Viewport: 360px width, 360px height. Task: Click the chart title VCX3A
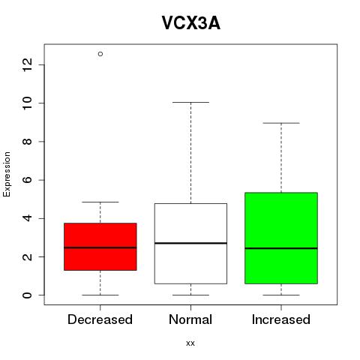tap(191, 23)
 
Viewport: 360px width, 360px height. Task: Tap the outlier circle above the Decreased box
tap(100, 54)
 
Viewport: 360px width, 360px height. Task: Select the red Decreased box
tap(100, 247)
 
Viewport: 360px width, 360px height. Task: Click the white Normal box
tap(190, 244)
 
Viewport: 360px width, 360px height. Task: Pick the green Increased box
tap(281, 238)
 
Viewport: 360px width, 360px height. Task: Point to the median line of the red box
tap(100, 247)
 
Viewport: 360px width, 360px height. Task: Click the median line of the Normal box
tap(190, 243)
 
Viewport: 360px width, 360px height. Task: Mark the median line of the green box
tap(281, 248)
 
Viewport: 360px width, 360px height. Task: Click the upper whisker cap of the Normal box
tap(190, 102)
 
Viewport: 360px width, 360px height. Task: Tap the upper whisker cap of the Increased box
tap(281, 123)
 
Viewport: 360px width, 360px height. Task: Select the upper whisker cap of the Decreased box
tap(100, 202)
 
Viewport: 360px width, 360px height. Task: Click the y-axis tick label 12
tap(28, 64)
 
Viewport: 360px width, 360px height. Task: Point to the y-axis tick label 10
tap(28, 103)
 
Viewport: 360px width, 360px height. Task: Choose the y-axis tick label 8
tap(28, 142)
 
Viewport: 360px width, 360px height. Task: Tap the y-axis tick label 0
tap(28, 295)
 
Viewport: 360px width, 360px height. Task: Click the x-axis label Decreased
tap(100, 319)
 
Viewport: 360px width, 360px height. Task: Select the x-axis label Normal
tap(190, 319)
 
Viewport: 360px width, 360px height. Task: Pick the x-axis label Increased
tap(281, 319)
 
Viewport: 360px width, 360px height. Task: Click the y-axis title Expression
tap(7, 174)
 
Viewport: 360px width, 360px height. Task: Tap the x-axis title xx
tap(190, 343)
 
